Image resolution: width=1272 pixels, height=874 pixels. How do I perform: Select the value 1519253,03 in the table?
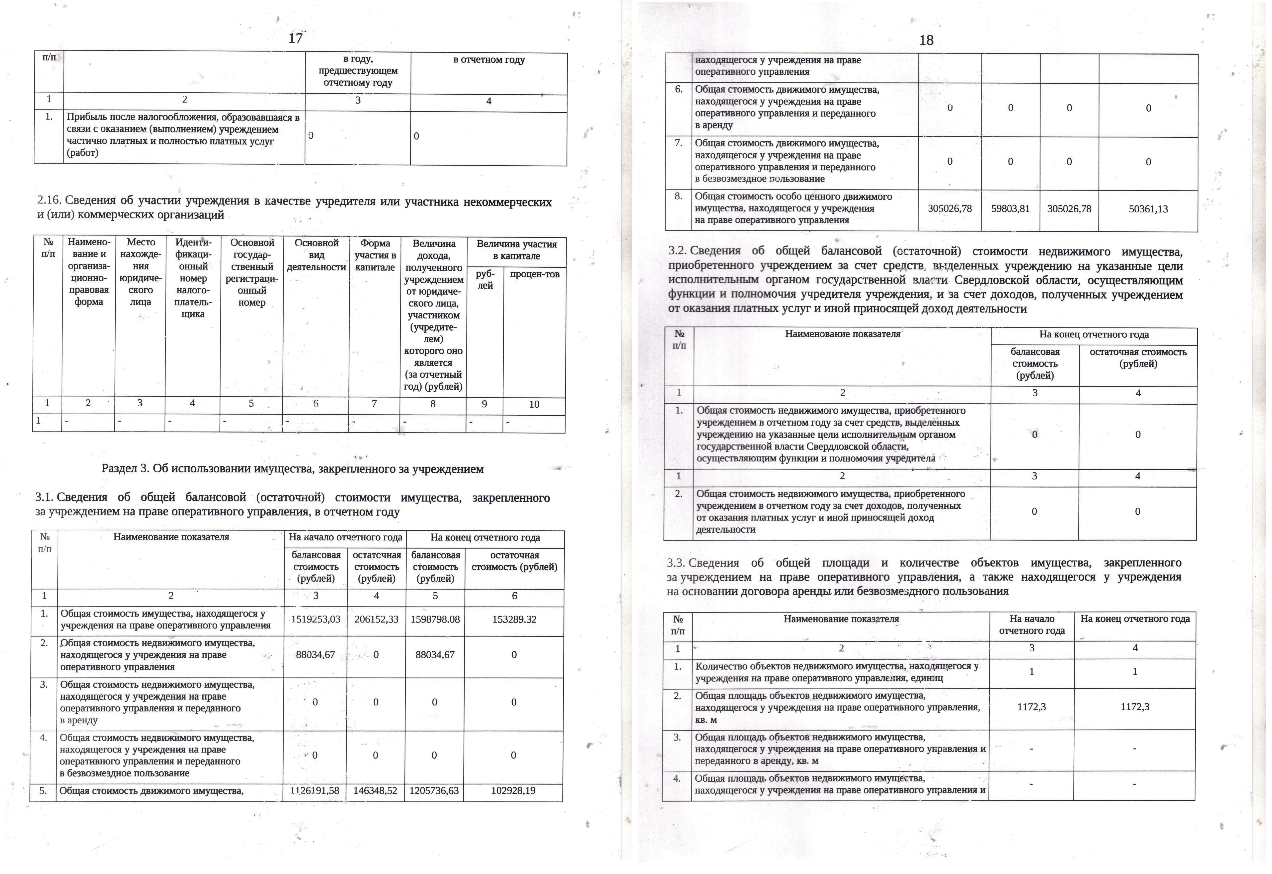click(315, 619)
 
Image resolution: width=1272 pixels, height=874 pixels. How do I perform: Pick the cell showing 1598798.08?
click(435, 619)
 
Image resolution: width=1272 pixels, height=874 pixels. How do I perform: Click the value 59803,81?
click(1010, 209)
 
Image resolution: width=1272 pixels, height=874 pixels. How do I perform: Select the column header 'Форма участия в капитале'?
click(375, 255)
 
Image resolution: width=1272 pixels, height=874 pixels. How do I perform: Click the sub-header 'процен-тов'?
click(534, 274)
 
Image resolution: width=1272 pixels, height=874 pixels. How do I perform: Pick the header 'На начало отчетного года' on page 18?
click(1032, 624)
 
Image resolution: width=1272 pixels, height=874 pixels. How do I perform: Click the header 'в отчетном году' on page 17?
click(489, 60)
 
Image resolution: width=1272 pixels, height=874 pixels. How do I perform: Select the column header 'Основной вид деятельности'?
click(316, 255)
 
